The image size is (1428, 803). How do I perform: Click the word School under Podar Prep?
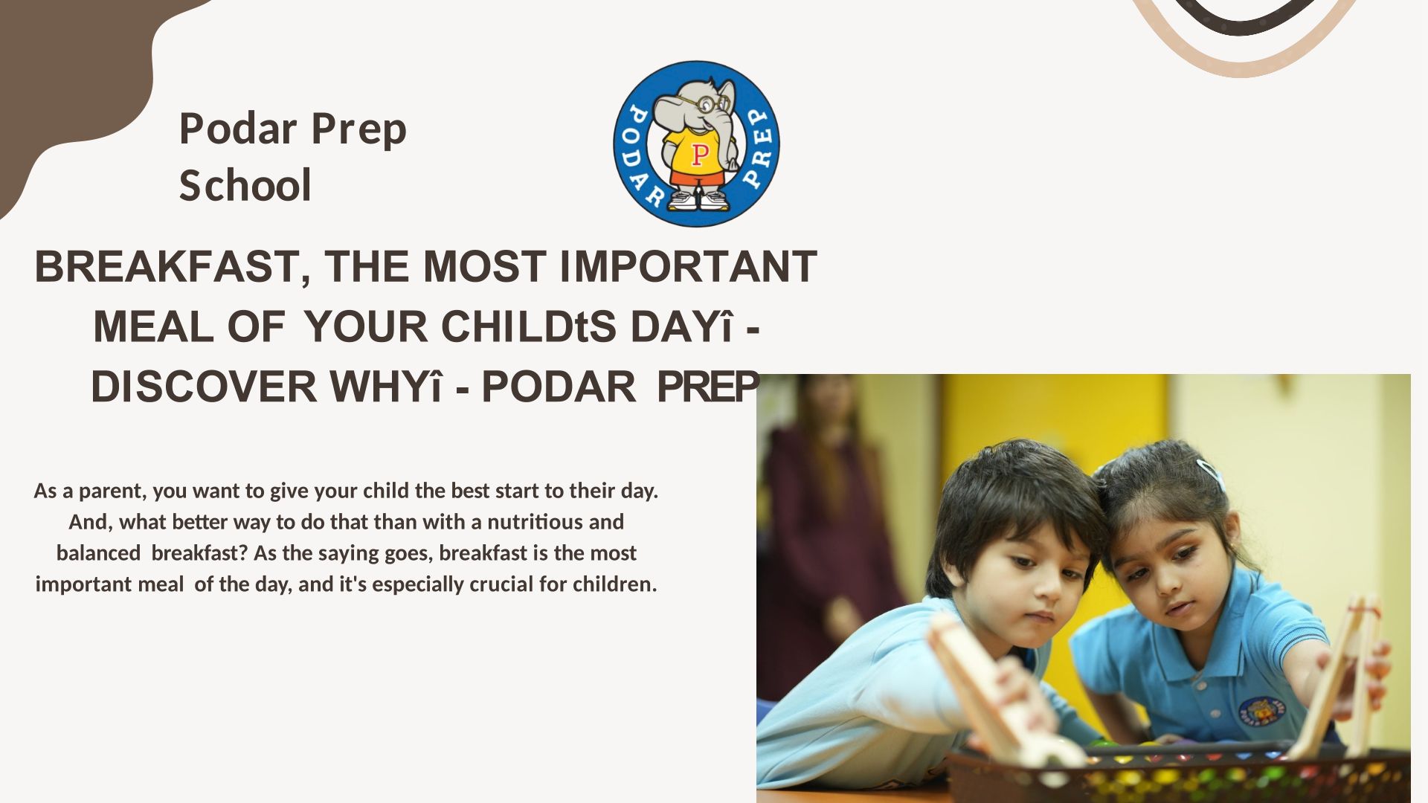245,185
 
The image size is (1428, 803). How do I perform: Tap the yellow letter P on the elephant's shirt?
699,154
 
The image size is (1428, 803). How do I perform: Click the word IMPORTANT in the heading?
688,266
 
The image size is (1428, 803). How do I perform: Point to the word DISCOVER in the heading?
204,387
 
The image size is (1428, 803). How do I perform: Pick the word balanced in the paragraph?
98,553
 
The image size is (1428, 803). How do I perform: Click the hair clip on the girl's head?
1210,472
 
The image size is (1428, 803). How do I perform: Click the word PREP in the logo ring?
759,146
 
